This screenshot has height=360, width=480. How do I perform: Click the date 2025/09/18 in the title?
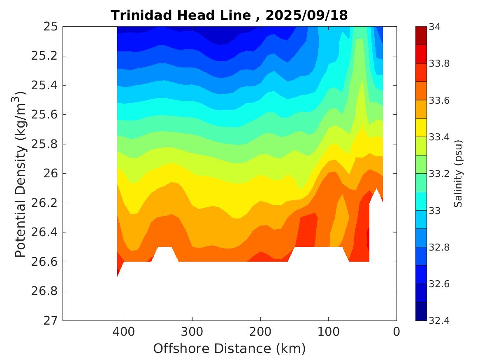(307, 16)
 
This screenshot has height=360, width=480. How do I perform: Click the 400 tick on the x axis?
(124, 332)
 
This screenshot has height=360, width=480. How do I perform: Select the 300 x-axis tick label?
(192, 332)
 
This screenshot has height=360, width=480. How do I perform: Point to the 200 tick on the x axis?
(260, 332)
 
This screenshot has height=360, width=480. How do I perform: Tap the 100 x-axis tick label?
(328, 332)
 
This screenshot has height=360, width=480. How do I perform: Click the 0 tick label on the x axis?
(397, 332)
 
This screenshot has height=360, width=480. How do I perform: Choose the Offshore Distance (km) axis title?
(230, 349)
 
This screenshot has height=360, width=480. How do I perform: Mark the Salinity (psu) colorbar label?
(458, 174)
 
